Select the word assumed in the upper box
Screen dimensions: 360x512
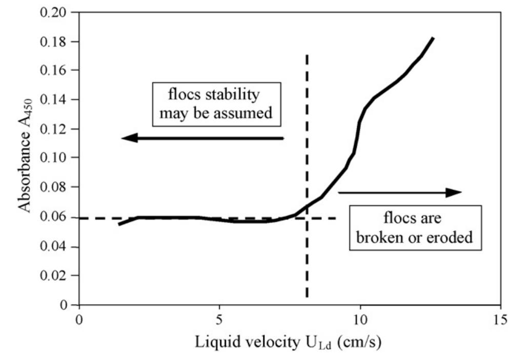(247, 113)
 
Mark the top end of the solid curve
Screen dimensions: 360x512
(434, 38)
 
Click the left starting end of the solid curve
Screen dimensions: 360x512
(119, 224)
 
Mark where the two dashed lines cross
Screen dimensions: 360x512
(306, 218)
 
